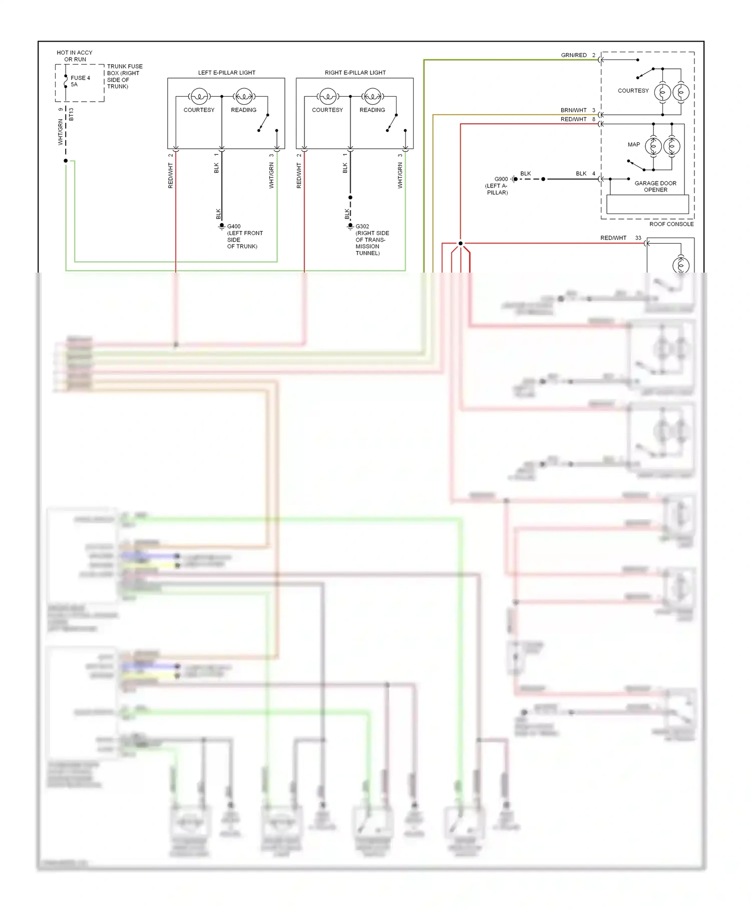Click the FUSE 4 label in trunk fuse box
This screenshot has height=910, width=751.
(x=80, y=78)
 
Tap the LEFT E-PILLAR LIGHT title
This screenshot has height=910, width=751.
(x=226, y=73)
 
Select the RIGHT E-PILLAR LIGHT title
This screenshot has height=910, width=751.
(x=355, y=73)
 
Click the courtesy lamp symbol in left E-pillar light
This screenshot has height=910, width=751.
(x=199, y=96)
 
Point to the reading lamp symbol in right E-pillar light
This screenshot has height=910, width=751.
(x=372, y=96)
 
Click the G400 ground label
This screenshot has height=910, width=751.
(x=234, y=226)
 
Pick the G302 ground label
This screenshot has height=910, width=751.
(x=362, y=226)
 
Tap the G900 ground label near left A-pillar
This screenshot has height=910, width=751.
(x=501, y=179)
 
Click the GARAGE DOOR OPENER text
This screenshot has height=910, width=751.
(x=655, y=186)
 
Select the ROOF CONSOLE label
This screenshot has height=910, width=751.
(x=671, y=224)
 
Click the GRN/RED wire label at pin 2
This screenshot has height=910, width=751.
(x=574, y=55)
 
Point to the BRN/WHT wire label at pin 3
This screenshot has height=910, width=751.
(x=573, y=110)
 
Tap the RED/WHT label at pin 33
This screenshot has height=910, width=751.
(x=613, y=238)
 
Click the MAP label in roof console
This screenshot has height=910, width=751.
(x=633, y=144)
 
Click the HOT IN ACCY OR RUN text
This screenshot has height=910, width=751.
(x=75, y=56)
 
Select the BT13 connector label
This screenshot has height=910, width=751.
(x=71, y=114)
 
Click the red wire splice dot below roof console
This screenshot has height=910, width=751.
(x=461, y=244)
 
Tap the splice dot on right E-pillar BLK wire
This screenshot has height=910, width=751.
(x=350, y=197)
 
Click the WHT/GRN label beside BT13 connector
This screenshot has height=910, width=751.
(x=61, y=132)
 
